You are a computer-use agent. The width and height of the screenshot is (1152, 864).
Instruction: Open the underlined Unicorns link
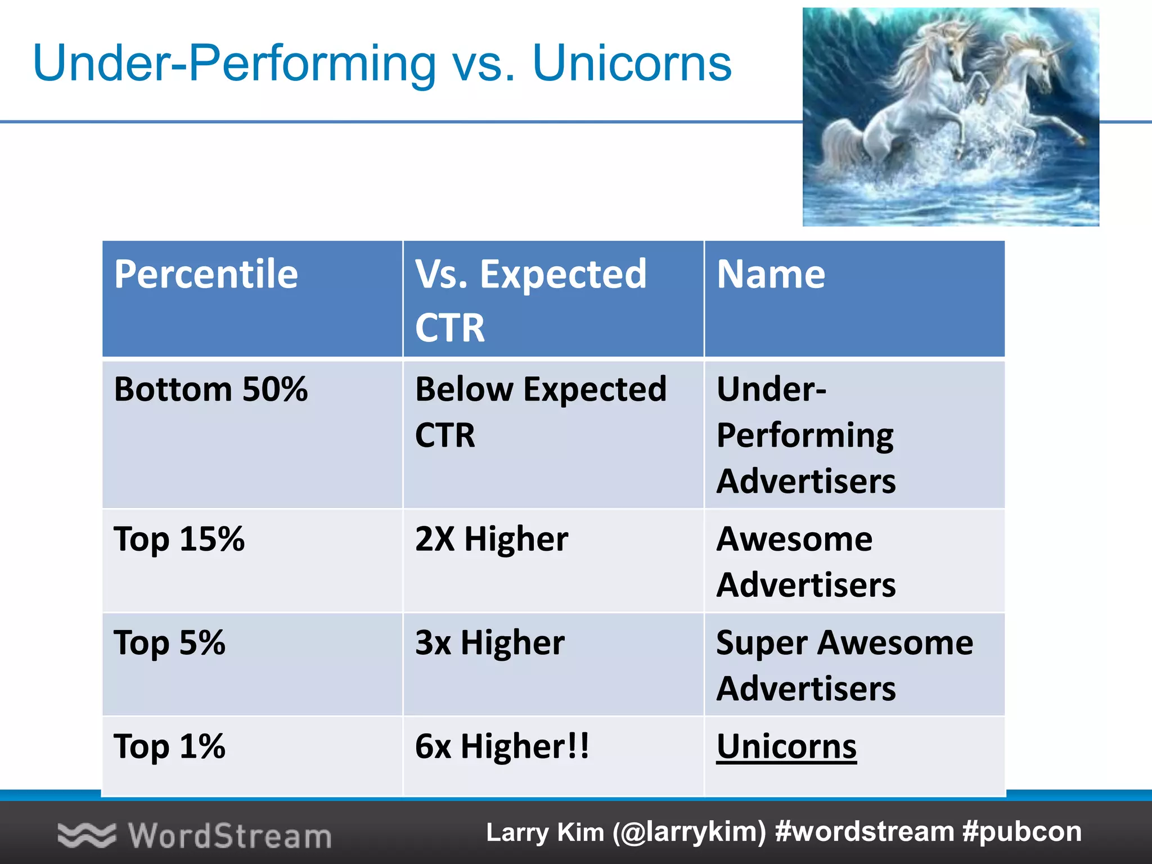point(786,747)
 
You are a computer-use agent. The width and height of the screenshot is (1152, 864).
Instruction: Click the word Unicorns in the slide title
point(632,63)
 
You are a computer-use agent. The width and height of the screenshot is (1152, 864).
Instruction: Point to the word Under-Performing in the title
point(234,63)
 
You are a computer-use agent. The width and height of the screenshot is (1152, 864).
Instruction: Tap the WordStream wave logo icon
point(87,835)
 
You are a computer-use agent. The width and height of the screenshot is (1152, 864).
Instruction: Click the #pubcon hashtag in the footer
point(1022,832)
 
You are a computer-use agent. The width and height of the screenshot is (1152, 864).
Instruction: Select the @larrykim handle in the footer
point(690,832)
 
